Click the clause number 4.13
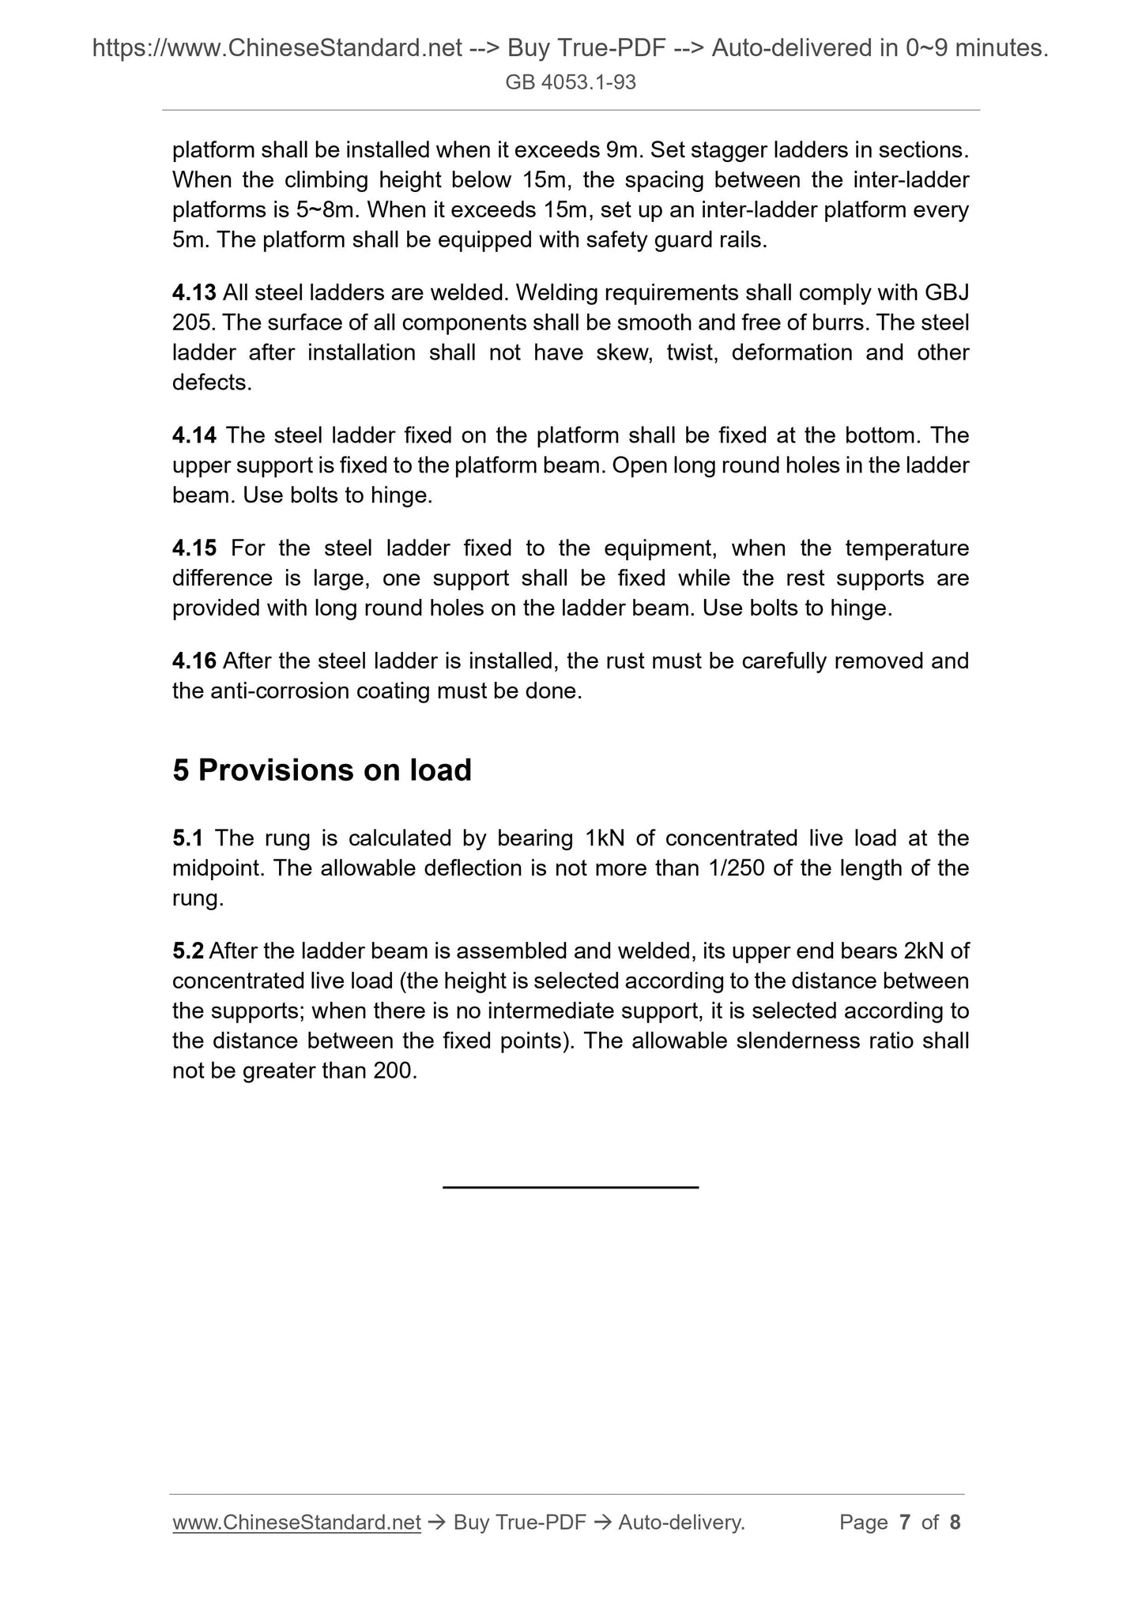pyautogui.click(x=194, y=293)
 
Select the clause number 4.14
pyautogui.click(x=194, y=435)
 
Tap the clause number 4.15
pyautogui.click(x=194, y=548)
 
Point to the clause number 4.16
pyautogui.click(x=194, y=661)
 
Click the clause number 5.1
pyautogui.click(x=188, y=838)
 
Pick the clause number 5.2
pyautogui.click(x=188, y=951)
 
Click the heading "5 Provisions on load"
pyautogui.click(x=322, y=770)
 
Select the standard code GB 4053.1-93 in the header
pyautogui.click(x=571, y=82)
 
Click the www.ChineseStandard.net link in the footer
pyautogui.click(x=296, y=1523)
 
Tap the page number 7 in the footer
pyautogui.click(x=905, y=1523)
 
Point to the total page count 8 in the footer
pyautogui.click(x=955, y=1523)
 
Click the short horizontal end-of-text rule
pyautogui.click(x=571, y=1187)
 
